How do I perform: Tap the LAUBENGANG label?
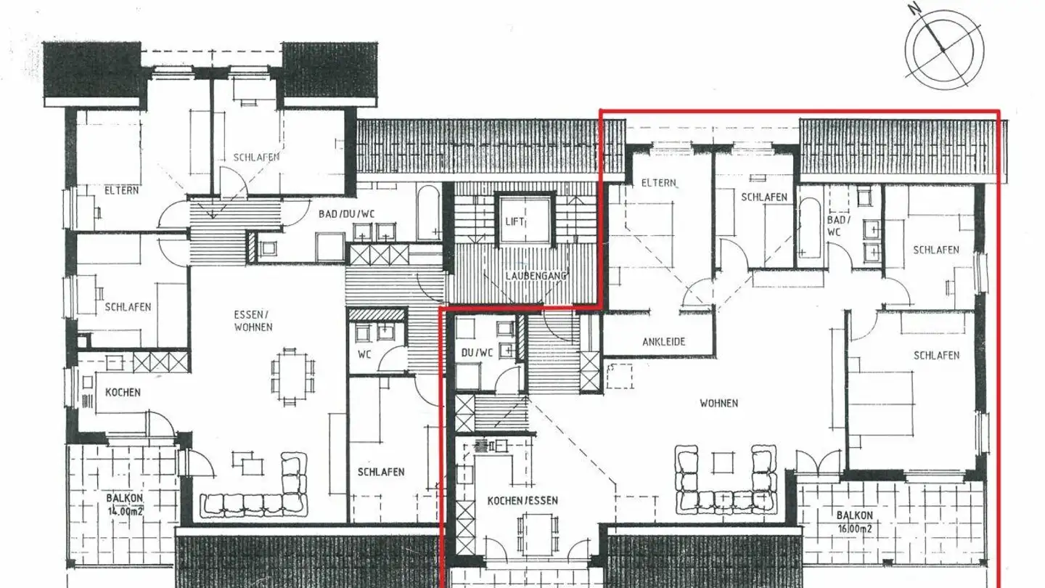(536, 276)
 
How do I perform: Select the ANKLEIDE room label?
(663, 341)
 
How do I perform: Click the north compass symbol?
(944, 49)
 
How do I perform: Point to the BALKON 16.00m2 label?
(854, 521)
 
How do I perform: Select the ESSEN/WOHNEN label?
(253, 321)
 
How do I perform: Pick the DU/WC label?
(477, 353)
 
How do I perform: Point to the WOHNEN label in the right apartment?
(718, 403)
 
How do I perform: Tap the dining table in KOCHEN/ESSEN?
(538, 535)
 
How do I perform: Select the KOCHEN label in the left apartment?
(123, 392)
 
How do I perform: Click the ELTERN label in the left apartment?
(121, 190)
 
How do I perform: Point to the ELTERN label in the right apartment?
(658, 183)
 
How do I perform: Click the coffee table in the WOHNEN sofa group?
(723, 462)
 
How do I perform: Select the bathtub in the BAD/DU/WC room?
(428, 212)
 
